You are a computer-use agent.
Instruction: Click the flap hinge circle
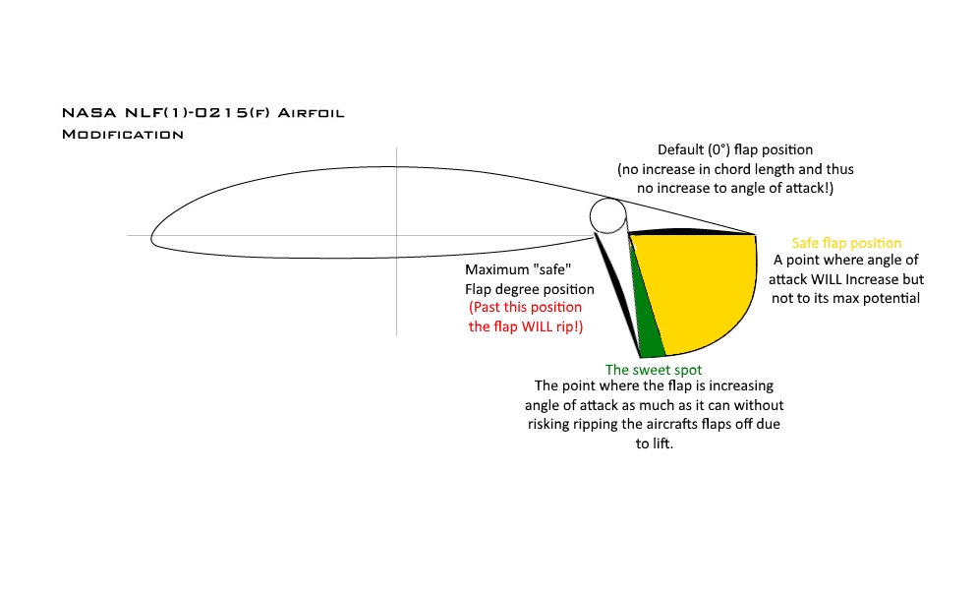tap(607, 215)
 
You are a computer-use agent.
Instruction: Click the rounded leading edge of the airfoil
tap(154, 236)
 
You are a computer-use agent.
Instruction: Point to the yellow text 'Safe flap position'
tap(846, 243)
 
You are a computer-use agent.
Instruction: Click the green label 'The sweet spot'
tap(654, 370)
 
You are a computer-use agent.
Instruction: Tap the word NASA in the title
tap(83, 114)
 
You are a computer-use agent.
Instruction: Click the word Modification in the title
tap(122, 134)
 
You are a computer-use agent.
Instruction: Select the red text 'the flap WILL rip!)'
tap(526, 325)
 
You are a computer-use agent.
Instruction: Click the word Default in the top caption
tap(681, 150)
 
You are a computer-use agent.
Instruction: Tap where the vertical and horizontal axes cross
tap(397, 236)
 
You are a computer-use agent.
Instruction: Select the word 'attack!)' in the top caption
tap(805, 187)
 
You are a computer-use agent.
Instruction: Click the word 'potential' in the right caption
tap(891, 297)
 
